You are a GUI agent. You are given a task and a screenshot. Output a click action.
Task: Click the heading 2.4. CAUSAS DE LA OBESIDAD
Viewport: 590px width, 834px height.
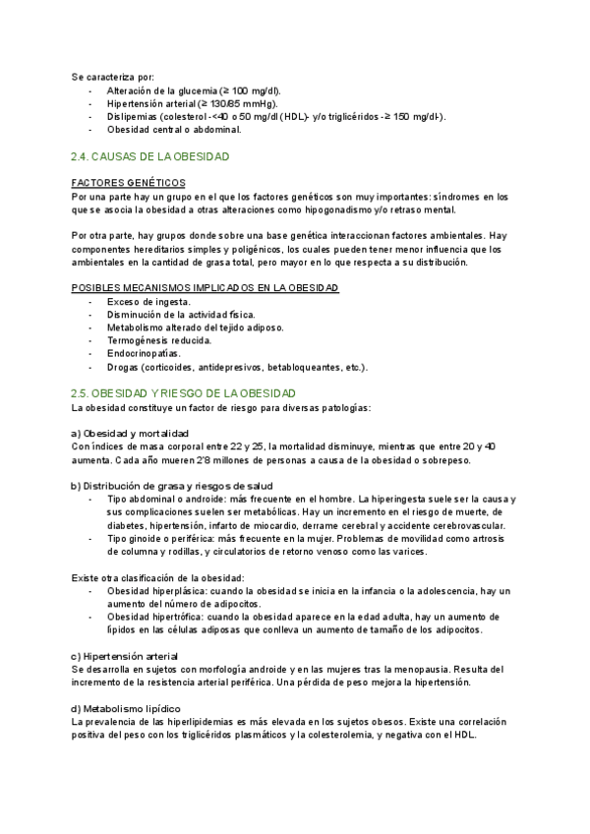150,156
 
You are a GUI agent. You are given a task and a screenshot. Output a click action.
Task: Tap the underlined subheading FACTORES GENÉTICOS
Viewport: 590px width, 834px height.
128,183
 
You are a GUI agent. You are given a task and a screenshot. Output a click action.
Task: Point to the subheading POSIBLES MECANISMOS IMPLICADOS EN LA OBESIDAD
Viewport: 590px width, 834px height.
206,287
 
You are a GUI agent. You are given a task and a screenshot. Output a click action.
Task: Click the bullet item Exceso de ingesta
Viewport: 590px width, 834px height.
149,301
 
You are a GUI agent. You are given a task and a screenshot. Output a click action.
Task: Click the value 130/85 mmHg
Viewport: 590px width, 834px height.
240,102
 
